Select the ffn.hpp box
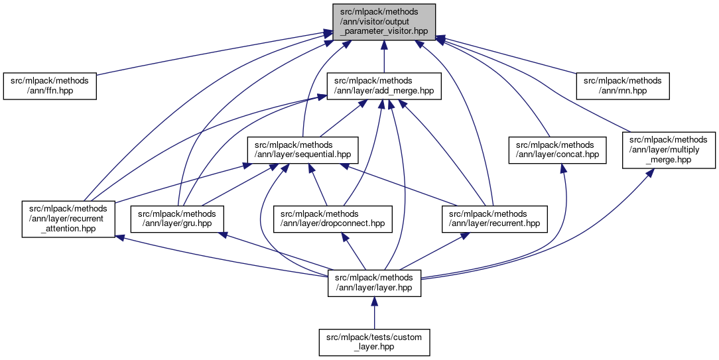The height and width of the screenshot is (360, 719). pos(50,86)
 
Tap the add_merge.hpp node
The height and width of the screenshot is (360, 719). pos(385,86)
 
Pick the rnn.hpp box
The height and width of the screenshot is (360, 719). pos(622,86)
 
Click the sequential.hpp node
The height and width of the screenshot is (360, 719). pos(303,150)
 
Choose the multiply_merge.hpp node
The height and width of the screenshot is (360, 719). pos(668,150)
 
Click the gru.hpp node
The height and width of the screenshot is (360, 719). pos(177,219)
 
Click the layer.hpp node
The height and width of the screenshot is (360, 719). pos(375,282)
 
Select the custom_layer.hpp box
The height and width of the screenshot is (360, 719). pos(373,342)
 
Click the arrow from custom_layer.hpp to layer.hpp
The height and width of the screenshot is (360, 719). pos(374,312)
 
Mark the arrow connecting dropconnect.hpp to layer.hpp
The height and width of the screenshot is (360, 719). pos(351,251)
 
